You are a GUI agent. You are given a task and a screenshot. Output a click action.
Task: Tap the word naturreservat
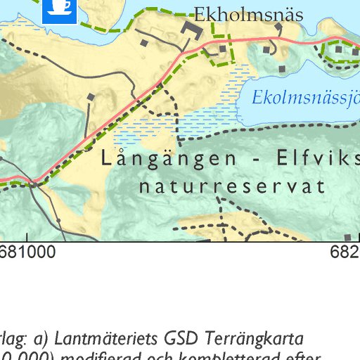point(232,187)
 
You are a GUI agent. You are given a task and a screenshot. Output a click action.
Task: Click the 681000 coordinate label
point(28,251)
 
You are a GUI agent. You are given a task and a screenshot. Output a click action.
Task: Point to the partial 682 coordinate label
point(345,251)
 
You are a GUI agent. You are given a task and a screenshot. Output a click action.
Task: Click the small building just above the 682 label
point(347,238)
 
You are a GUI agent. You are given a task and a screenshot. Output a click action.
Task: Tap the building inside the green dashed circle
point(338,50)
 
